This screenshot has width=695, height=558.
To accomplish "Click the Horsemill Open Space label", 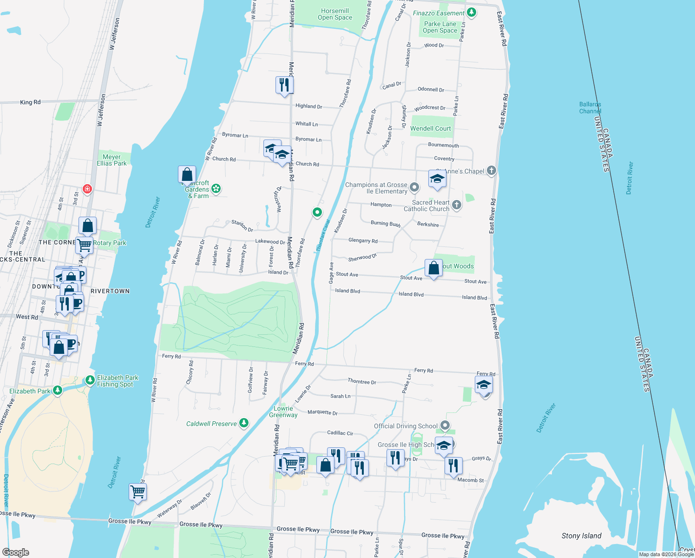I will tap(334, 14).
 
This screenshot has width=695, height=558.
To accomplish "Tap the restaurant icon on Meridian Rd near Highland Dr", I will tap(284, 85).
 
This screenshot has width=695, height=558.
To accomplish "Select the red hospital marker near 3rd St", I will tap(87, 189).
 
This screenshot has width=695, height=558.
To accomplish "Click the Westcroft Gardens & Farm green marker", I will tap(216, 189).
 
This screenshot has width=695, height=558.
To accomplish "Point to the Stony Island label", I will tap(581, 536).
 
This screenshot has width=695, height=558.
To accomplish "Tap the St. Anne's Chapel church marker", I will tap(492, 171).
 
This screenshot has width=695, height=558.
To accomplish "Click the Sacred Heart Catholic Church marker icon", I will tap(457, 205).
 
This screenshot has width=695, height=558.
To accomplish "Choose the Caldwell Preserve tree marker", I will tap(244, 423).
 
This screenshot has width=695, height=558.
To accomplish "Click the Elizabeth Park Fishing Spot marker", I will tap(90, 380).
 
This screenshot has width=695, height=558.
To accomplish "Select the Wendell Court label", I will tap(430, 128).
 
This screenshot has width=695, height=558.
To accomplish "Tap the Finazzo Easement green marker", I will tap(472, 13).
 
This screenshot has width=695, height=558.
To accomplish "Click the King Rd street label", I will tap(30, 102).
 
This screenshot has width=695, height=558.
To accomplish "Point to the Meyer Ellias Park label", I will tap(111, 160).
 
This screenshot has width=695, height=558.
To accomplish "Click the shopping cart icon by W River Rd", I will tap(138, 492).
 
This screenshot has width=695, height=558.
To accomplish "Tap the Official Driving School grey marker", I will tap(445, 425).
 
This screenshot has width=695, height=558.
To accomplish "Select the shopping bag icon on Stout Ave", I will tap(433, 268).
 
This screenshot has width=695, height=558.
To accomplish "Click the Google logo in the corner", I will tap(15, 552).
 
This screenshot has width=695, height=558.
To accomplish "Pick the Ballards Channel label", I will tap(590, 108).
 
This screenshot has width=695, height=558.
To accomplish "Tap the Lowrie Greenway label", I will tap(283, 412).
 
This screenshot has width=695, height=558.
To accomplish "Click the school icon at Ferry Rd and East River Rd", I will tap(484, 385).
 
